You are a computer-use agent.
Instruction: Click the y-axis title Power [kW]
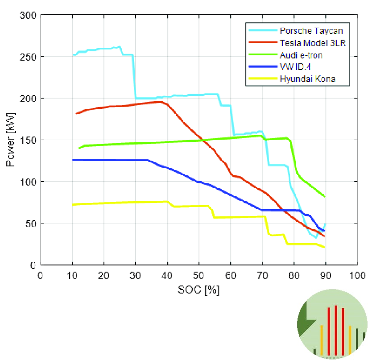click(x=11, y=140)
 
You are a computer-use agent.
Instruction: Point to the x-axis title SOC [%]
click(x=198, y=290)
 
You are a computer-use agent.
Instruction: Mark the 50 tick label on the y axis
click(x=32, y=223)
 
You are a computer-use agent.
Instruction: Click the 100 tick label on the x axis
click(x=357, y=275)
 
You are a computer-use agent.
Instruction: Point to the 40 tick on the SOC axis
click(x=167, y=275)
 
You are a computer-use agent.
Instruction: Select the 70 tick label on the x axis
click(x=262, y=275)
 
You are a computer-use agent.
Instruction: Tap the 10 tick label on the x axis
click(x=72, y=275)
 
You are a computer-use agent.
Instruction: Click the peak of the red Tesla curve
click(x=160, y=102)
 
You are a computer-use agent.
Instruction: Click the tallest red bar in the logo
click(x=335, y=330)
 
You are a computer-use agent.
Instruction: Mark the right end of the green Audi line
click(x=325, y=197)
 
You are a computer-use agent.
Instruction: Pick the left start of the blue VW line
click(x=73, y=160)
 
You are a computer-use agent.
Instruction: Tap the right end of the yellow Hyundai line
click(x=325, y=247)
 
